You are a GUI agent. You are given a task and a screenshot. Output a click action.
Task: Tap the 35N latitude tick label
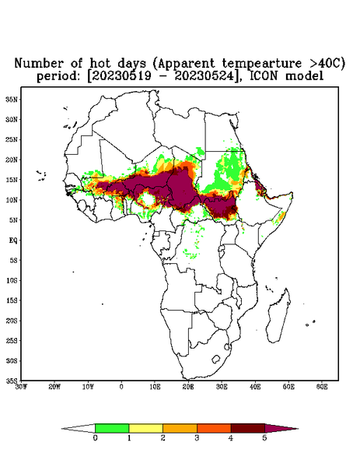pos(12,99)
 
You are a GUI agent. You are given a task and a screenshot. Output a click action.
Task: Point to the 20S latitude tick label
pos(12,321)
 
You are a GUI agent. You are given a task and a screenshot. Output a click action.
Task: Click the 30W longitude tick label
pos(21,387)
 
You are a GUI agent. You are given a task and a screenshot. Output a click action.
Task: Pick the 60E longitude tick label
pos(322,387)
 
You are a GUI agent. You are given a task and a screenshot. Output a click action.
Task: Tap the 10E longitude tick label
pos(155,387)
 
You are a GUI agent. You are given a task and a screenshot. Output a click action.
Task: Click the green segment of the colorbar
pos(112,428)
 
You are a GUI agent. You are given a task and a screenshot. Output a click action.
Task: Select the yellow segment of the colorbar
pos(145,428)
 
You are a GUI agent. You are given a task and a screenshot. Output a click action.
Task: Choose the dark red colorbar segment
pos(248,428)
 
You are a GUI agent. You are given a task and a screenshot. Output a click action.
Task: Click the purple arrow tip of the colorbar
pos(281,428)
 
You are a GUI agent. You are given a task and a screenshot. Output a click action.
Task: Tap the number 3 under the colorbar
pos(197,438)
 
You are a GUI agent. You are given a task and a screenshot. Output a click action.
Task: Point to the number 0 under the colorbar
pos(95,438)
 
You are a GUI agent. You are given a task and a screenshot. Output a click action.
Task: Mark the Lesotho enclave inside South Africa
pos(215,359)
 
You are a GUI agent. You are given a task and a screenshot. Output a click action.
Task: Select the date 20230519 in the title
pos(121,76)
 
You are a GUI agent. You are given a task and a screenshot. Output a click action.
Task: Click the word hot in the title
pos(100,63)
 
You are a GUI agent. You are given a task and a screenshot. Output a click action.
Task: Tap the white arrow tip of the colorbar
pos(79,428)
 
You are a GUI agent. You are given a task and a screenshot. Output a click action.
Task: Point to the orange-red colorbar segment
pos(214,428)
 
